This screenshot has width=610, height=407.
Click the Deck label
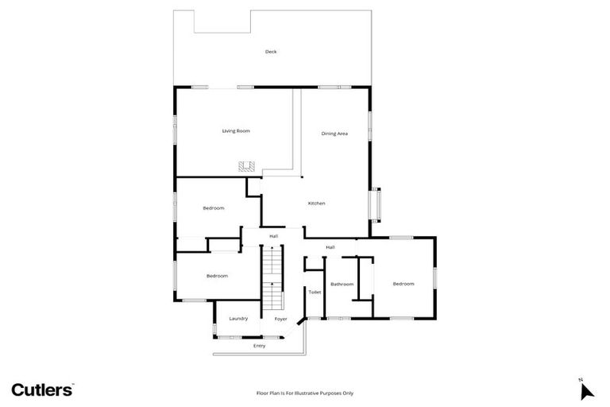[x=271, y=52]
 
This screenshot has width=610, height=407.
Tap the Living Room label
[x=236, y=130]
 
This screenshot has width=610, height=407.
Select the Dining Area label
[x=334, y=134]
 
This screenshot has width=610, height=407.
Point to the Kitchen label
[x=316, y=203]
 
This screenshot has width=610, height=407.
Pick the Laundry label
[x=238, y=319]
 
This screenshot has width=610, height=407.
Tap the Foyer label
[x=280, y=319]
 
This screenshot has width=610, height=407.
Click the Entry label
[x=259, y=346]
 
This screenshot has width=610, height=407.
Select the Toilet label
[x=315, y=293]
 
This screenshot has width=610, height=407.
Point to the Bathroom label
[x=342, y=284]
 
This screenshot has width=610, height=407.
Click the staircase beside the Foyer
[x=272, y=278]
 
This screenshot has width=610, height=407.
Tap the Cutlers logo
[x=42, y=390]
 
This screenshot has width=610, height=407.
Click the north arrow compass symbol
[x=586, y=390]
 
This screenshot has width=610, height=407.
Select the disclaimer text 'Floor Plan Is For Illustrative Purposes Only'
[x=304, y=393]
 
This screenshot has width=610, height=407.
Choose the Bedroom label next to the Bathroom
[x=403, y=284]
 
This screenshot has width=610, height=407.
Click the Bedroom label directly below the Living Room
[x=213, y=208]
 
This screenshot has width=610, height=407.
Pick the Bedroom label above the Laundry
[x=217, y=276]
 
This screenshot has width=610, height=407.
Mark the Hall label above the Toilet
[x=330, y=247]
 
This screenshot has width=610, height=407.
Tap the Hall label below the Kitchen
[x=273, y=236]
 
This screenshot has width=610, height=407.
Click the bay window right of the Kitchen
[x=376, y=203]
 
